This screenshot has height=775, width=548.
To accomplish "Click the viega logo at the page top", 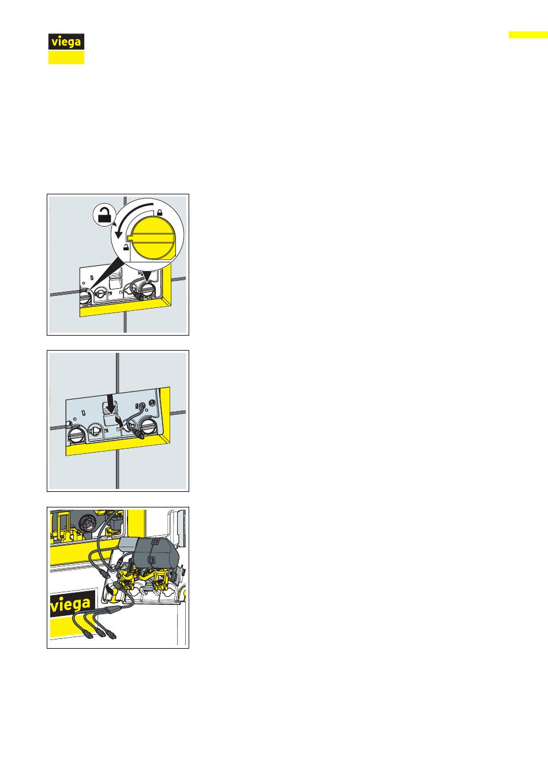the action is tap(66, 49).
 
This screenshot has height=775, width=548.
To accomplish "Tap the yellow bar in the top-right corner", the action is tap(528, 35).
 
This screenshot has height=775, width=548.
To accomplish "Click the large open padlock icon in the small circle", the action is tap(105, 215).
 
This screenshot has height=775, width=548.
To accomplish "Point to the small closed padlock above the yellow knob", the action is tap(160, 212).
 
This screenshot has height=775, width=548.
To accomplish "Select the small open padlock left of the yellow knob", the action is tap(126, 247).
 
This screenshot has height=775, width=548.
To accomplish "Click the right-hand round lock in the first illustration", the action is tap(149, 288).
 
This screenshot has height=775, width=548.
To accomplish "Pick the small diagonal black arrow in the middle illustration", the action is tap(119, 422).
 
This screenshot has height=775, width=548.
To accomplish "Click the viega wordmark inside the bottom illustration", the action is tap(70, 605).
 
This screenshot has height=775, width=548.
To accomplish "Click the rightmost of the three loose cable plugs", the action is tap(112, 634).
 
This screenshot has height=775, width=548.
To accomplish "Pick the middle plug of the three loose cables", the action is tap(100, 634).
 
